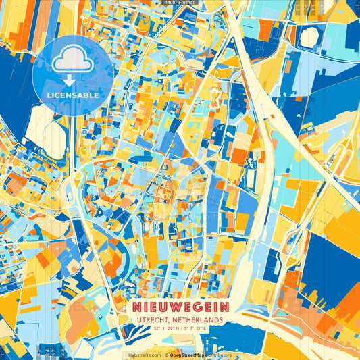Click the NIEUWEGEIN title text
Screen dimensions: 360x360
[181, 306]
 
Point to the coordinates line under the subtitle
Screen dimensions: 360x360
[180, 328]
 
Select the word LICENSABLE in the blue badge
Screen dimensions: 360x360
[73, 95]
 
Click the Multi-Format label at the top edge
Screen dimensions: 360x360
[180, 3]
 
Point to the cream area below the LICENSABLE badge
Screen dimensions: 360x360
[42, 125]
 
